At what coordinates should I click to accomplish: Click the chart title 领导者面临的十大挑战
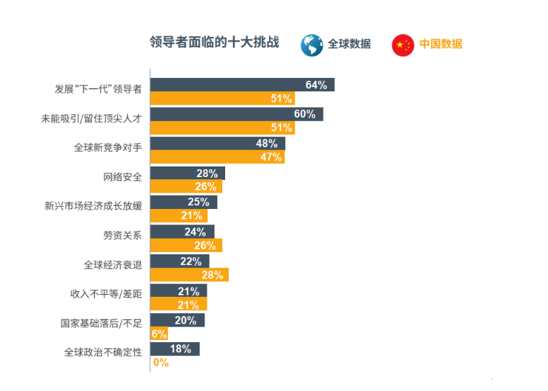coord(214,42)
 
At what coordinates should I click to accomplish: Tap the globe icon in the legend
coord(312,45)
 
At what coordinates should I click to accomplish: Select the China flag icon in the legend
coord(403,45)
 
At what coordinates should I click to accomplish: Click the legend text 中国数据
coord(440,44)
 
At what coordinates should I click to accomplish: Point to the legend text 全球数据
coord(349,44)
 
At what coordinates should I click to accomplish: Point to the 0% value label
coord(161,363)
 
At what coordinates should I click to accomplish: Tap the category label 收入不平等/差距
coord(106,294)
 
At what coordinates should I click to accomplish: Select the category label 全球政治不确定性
coord(103,352)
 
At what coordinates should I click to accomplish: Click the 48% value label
coord(267,143)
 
